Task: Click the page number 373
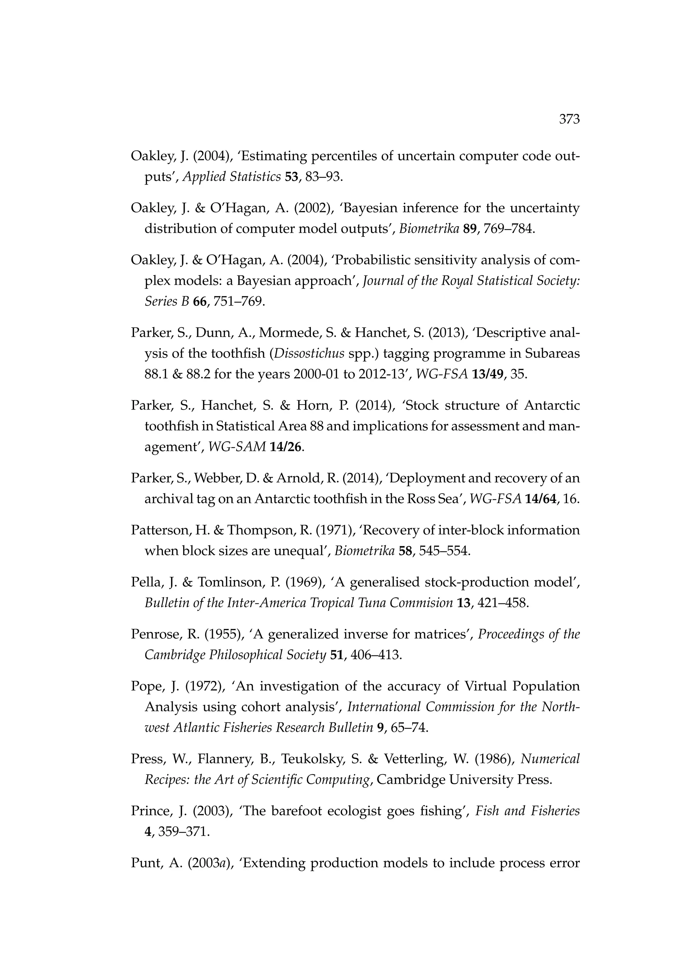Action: click(x=569, y=120)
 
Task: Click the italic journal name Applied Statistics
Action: click(x=231, y=177)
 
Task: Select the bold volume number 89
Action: click(x=470, y=229)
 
